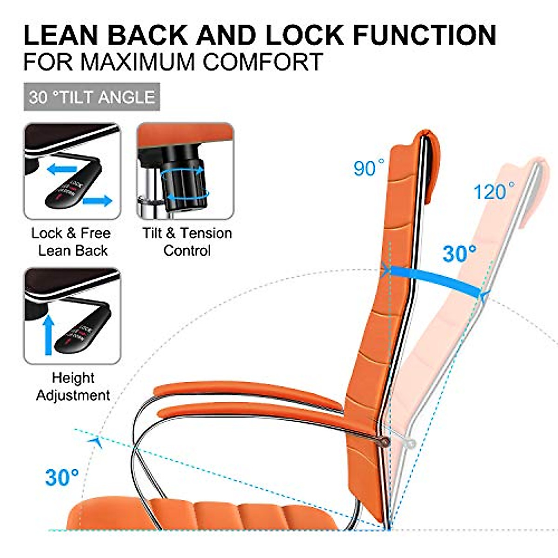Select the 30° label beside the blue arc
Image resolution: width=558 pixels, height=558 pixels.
(x=459, y=254)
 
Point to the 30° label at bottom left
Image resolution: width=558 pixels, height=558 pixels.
(x=61, y=477)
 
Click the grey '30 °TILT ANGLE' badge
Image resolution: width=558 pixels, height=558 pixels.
(x=92, y=97)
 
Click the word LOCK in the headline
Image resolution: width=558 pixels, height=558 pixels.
(x=303, y=36)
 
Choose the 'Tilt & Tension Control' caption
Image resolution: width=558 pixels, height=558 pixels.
(x=187, y=242)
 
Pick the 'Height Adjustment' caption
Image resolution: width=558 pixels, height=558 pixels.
(x=73, y=386)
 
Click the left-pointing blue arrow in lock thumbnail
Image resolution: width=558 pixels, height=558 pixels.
(x=62, y=169)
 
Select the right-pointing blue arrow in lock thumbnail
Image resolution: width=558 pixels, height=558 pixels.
(x=98, y=201)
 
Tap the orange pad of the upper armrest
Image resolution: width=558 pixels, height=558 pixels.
(x=246, y=393)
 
